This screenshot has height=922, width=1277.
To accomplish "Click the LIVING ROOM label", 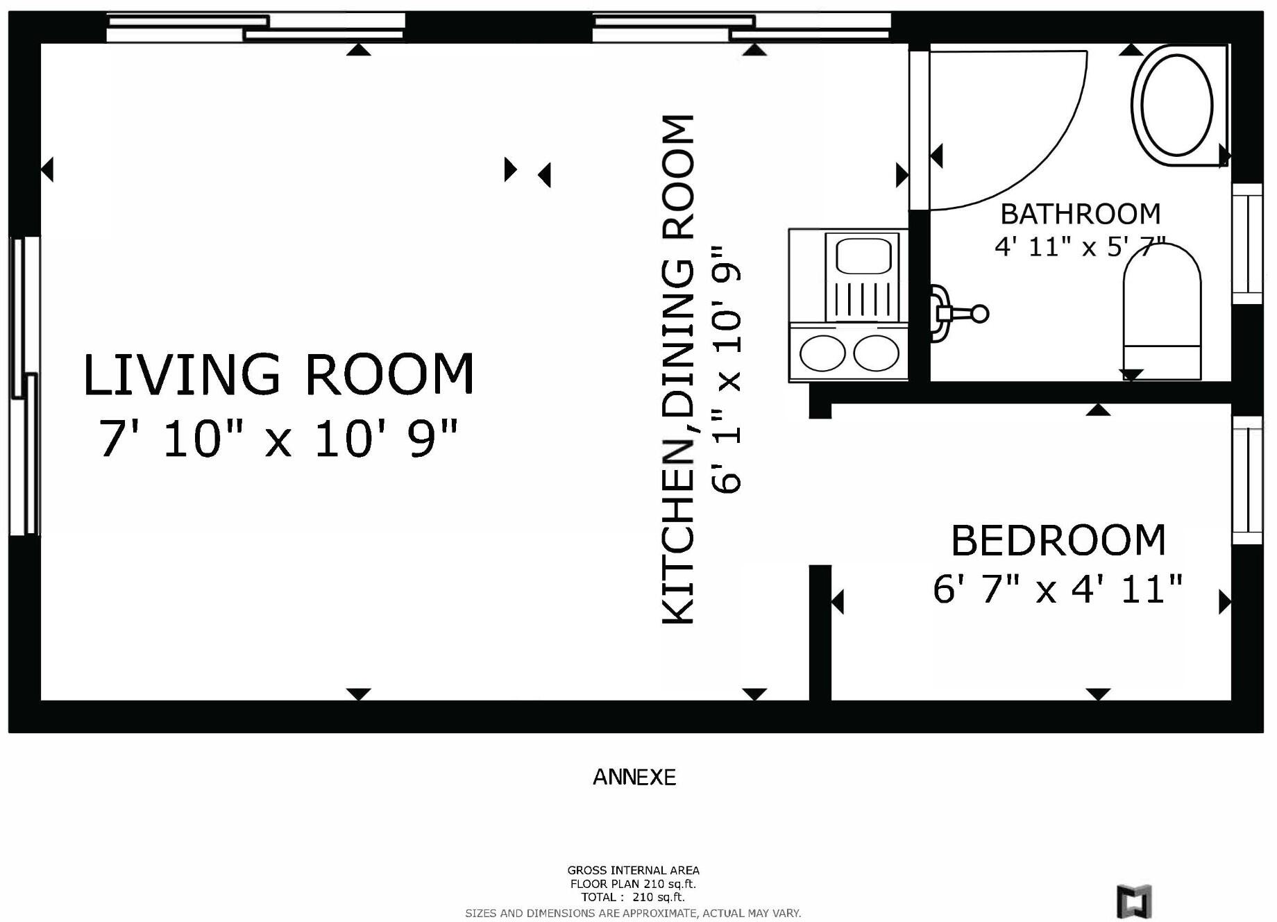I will pos(278,375).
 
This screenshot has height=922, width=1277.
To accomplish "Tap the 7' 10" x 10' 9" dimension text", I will pos(278,439).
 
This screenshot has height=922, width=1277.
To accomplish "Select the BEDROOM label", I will pos(1058,541).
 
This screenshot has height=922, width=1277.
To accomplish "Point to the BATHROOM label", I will pos(1080,214).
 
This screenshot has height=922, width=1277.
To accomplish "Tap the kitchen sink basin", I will pos(863,256).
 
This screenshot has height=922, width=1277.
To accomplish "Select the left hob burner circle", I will pos(822,353).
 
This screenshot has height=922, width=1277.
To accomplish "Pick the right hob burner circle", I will pos(877,353).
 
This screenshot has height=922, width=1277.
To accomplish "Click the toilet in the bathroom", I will pos(1162,312).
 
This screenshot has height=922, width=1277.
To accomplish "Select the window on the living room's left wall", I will pos(25,386).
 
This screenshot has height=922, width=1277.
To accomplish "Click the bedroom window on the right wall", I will pos(1247,480).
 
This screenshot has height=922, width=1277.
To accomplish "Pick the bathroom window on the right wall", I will pos(1247,244).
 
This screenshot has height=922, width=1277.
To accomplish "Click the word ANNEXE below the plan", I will pos(634,777).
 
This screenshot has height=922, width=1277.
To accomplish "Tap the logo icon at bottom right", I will pos(1134,901).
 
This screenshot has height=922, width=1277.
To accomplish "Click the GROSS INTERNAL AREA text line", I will pos(633,870).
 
